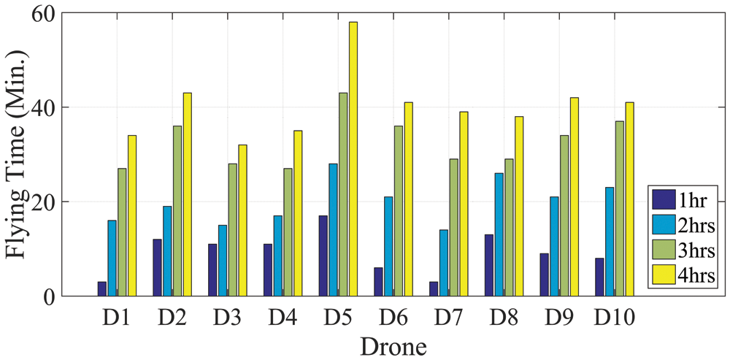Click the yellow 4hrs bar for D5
(x=353, y=158)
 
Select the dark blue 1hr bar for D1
(x=101, y=289)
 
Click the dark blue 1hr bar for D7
(x=434, y=289)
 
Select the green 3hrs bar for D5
(x=343, y=194)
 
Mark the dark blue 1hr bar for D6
(x=378, y=282)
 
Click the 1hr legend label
(x=696, y=199)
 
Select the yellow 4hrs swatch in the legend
(x=663, y=276)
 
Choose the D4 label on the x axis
(x=283, y=318)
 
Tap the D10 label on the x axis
(x=614, y=318)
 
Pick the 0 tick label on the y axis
(x=50, y=296)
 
